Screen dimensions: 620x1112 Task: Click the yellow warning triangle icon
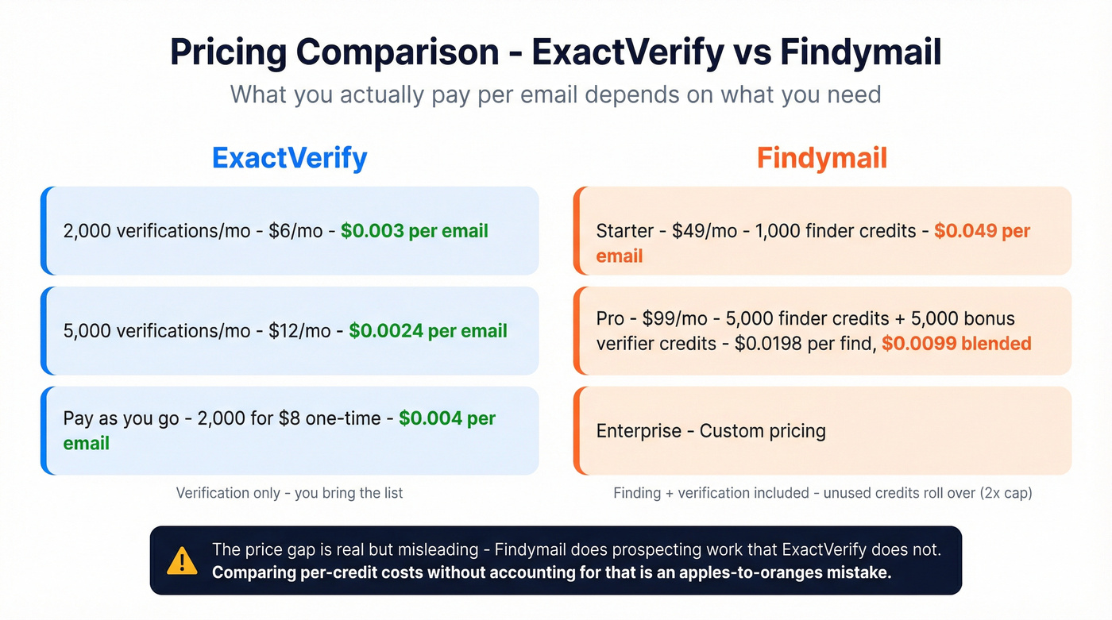tap(182, 560)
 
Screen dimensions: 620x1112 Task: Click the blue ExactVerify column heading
tap(289, 158)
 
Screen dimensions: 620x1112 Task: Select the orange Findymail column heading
tap(821, 158)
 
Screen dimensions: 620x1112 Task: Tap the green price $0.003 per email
tap(415, 231)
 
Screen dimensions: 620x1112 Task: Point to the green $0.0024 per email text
tap(428, 331)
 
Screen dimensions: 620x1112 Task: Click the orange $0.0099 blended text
tap(956, 344)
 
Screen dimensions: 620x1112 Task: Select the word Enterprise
tap(639, 431)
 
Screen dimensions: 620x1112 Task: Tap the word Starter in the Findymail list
tap(624, 231)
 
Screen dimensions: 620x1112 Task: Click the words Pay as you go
tap(121, 418)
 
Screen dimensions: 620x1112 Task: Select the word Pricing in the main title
tap(228, 52)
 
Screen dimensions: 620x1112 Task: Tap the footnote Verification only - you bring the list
tap(289, 493)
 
